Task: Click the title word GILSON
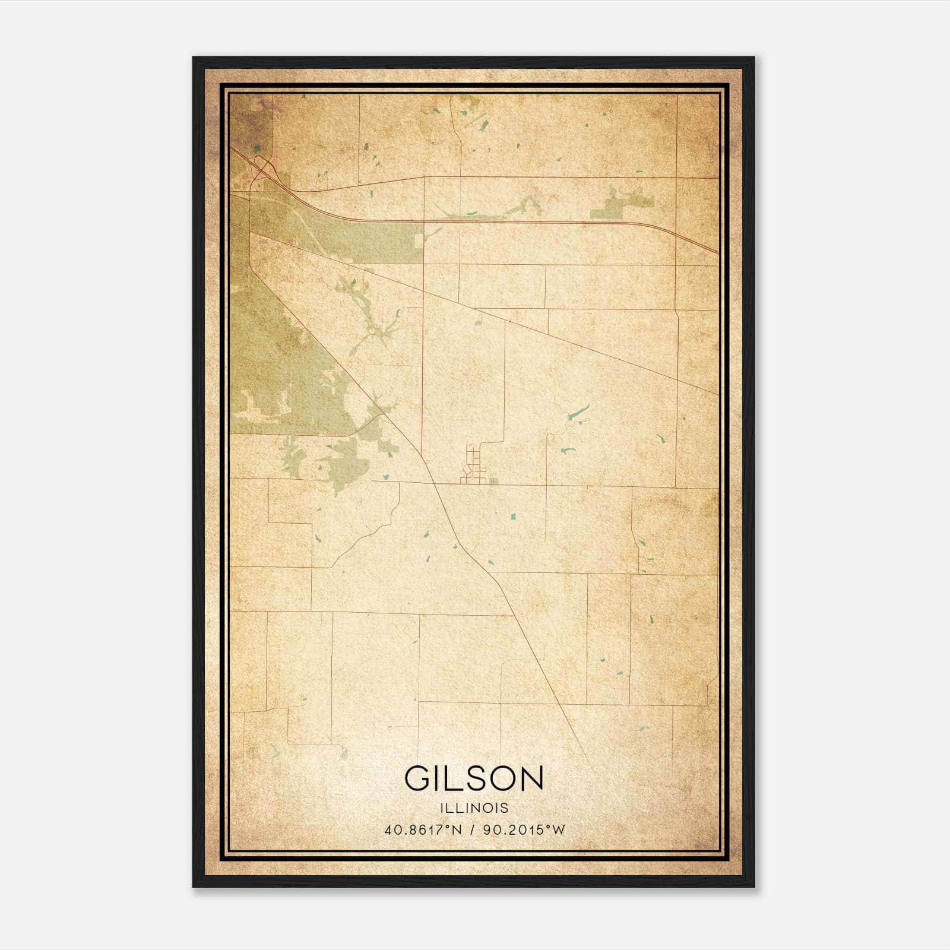[x=474, y=778]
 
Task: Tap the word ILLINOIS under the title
[x=474, y=808]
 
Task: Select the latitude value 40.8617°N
[x=423, y=830]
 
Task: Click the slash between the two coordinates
[x=472, y=830]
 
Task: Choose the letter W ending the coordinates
[x=558, y=830]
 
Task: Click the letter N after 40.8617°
[x=457, y=830]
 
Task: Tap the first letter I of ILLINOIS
[x=442, y=808]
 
